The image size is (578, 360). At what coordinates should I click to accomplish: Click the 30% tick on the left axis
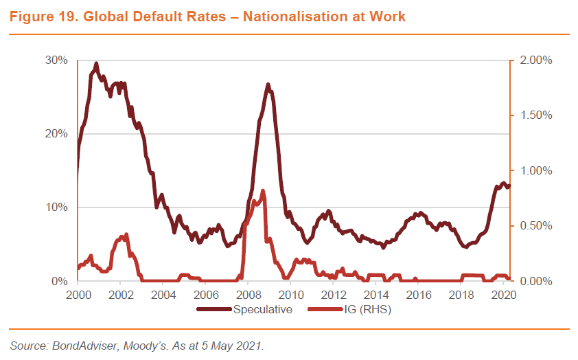pos(57,60)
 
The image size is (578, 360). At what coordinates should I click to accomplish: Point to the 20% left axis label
pos(57,134)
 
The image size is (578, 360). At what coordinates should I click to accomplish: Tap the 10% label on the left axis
pos(57,207)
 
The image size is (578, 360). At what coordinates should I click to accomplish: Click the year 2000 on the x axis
pos(78,295)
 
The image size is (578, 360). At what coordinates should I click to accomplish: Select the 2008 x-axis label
pos(247,295)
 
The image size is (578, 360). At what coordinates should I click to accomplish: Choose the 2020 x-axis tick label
pos(504,295)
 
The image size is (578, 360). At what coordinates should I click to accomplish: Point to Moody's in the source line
pos(139,345)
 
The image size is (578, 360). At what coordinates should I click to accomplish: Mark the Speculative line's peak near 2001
pos(96,64)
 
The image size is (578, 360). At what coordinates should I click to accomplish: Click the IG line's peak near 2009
pos(262,190)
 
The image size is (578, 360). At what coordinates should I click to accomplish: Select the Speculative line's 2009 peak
pos(268,85)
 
